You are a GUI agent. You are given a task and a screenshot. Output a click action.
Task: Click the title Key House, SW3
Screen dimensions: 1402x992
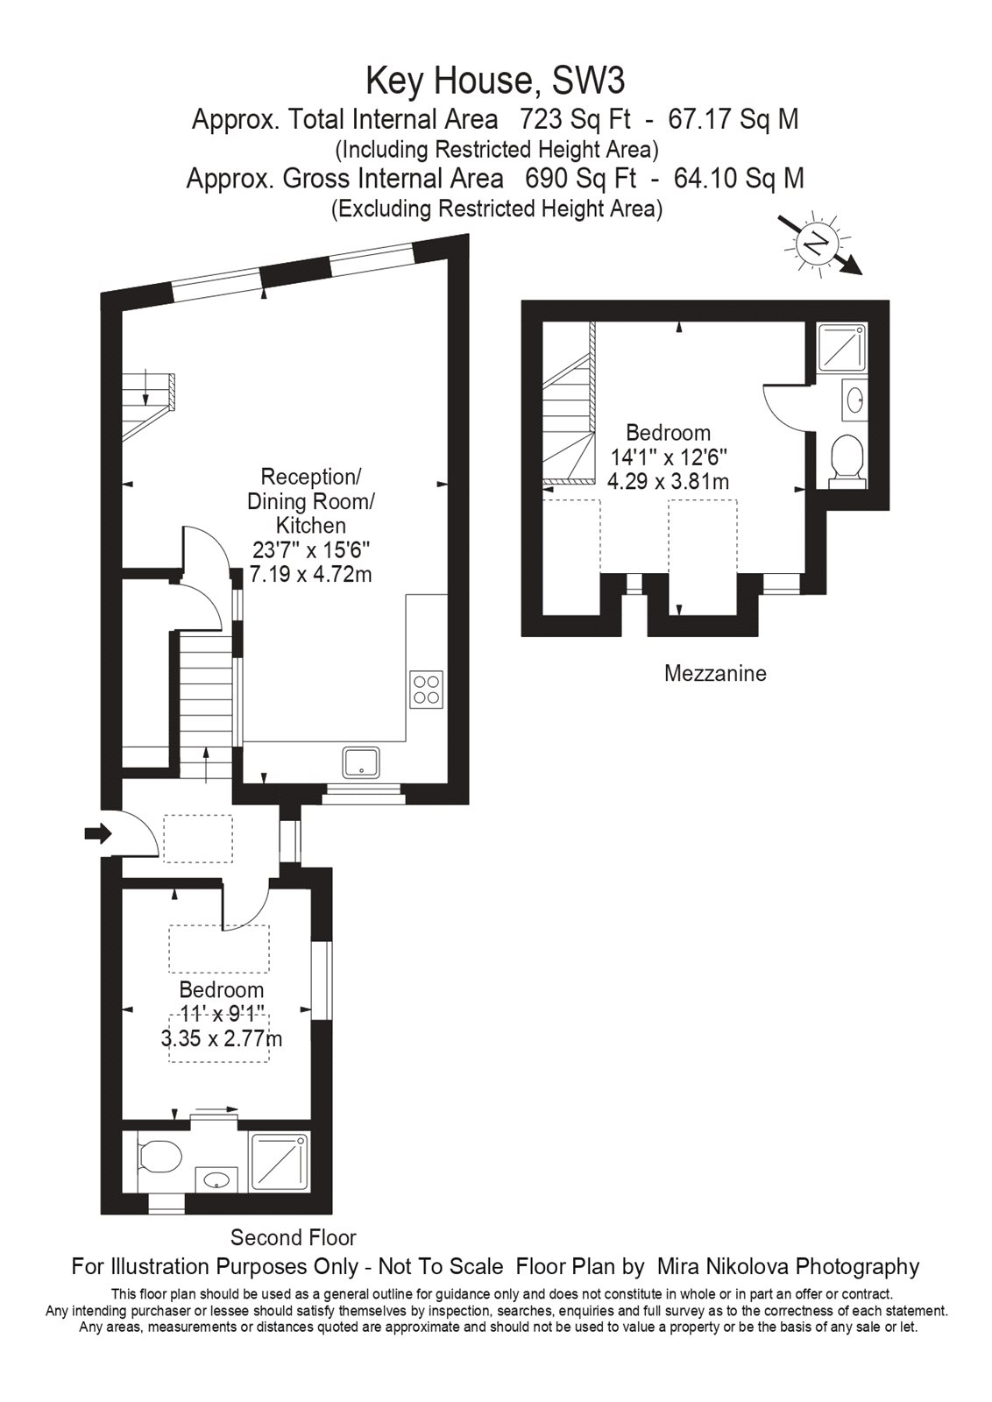(495, 81)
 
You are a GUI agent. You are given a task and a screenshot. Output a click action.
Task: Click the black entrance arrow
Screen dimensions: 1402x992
(97, 833)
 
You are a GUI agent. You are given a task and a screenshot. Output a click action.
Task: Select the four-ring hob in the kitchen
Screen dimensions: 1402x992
(427, 689)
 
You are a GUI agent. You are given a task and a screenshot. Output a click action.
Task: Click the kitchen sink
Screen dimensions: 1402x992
(361, 762)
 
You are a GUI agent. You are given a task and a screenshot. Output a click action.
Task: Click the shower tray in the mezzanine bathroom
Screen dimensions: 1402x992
(841, 348)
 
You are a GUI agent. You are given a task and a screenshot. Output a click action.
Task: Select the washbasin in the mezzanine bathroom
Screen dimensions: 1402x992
(854, 400)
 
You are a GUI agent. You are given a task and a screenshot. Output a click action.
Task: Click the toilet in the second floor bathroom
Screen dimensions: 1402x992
(159, 1157)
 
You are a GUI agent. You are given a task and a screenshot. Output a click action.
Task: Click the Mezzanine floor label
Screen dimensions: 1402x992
(715, 674)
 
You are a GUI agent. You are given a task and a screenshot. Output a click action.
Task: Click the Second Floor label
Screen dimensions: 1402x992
(293, 1237)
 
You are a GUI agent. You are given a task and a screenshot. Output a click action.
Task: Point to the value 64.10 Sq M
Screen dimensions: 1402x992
(739, 179)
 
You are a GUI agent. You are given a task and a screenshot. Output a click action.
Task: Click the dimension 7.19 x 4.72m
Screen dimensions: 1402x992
(310, 575)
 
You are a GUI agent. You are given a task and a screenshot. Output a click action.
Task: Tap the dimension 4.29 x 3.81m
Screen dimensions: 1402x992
(668, 481)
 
